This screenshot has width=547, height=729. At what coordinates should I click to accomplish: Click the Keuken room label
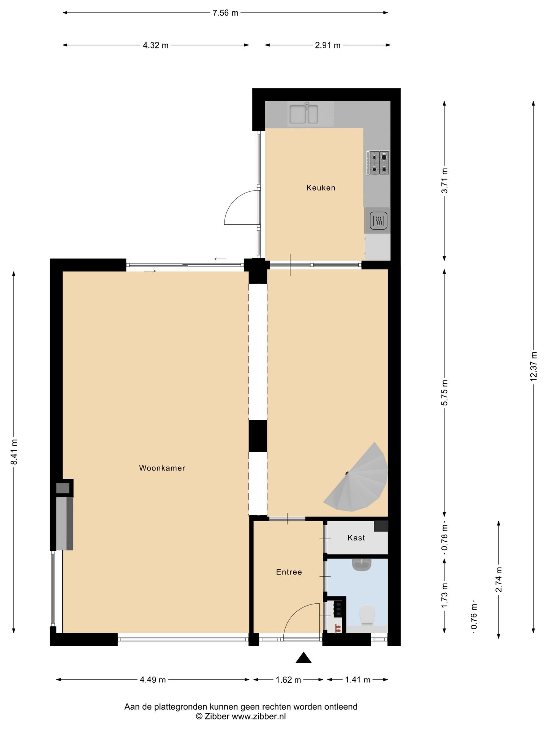point(321,188)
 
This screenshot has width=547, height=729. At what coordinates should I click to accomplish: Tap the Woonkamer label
point(162,468)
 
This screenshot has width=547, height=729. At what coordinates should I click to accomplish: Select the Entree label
point(289,572)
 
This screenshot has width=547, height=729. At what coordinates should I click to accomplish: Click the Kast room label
point(356,538)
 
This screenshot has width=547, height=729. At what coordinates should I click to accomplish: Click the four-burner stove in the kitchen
point(378,163)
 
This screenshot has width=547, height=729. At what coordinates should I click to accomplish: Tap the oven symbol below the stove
point(378,221)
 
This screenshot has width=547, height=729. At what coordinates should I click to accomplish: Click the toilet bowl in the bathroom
point(367,614)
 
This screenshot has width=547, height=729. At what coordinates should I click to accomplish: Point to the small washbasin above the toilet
point(361,564)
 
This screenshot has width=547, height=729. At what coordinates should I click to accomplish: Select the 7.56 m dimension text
point(225,13)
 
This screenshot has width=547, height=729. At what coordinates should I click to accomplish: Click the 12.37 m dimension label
point(533,366)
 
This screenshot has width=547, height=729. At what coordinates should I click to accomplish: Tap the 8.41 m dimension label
point(14,451)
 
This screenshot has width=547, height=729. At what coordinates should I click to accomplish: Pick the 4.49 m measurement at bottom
point(153,680)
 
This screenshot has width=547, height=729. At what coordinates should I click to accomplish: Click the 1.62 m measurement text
point(288,680)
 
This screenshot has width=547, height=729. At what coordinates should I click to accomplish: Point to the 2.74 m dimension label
point(498,579)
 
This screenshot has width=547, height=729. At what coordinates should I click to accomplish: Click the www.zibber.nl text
point(258,716)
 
